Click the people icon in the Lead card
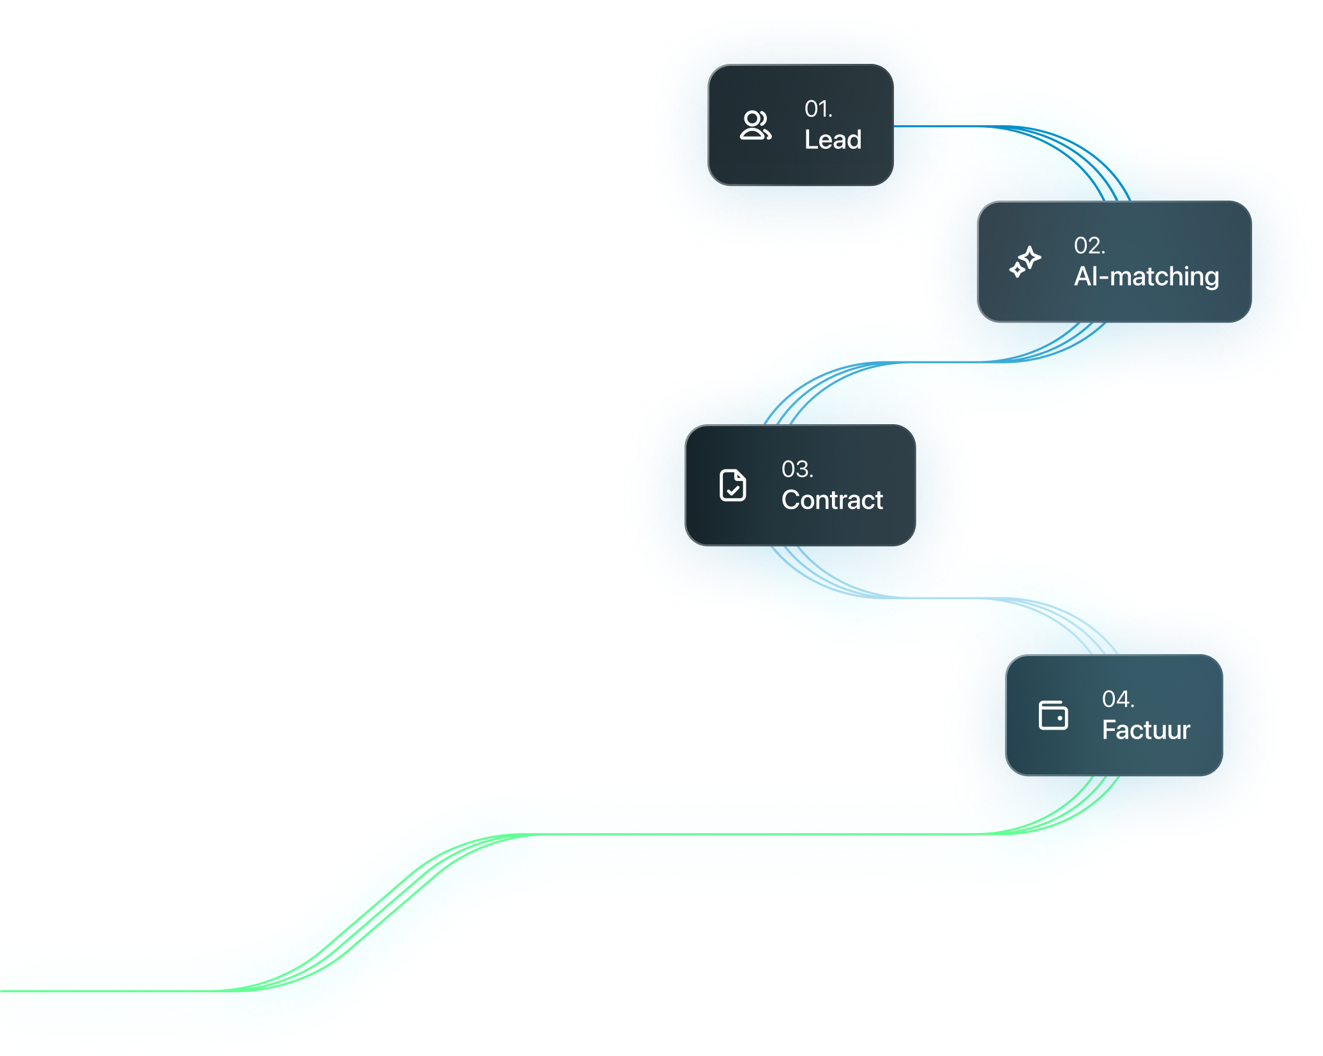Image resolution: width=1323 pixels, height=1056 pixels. click(x=755, y=125)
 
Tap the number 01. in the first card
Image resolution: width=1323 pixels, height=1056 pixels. click(x=818, y=109)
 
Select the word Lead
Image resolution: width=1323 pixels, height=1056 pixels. click(x=833, y=140)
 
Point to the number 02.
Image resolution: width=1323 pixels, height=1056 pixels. click(x=1089, y=246)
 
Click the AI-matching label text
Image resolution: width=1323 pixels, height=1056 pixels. click(x=1146, y=277)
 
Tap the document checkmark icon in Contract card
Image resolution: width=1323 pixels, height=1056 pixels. click(x=732, y=486)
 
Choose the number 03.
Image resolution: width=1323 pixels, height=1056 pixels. click(x=797, y=470)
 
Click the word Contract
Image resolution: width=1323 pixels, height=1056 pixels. click(x=832, y=500)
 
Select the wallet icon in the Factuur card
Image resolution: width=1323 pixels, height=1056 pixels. click(x=1053, y=715)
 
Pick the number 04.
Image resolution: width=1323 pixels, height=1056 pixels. click(x=1117, y=700)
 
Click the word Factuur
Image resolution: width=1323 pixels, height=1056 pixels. click(x=1145, y=730)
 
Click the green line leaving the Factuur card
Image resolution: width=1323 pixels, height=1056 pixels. click(x=702, y=834)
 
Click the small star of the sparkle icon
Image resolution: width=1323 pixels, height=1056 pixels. click(x=1017, y=270)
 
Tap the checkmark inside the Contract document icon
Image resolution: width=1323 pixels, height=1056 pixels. click(x=733, y=491)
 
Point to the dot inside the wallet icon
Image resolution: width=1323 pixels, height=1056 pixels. click(x=1060, y=718)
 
